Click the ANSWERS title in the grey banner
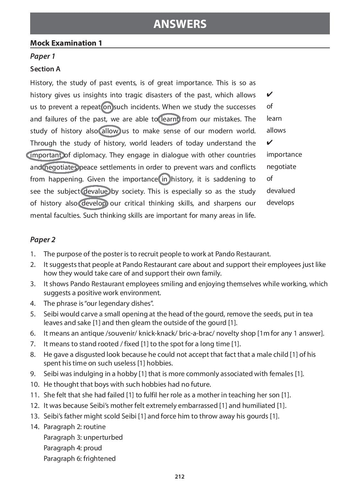[x=180, y=24]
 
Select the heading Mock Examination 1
[x=66, y=43]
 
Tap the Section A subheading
[x=45, y=69]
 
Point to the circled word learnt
[x=170, y=119]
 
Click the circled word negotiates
[x=61, y=167]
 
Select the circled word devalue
[x=96, y=191]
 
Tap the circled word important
[x=46, y=155]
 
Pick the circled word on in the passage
[x=107, y=107]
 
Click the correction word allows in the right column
[x=276, y=130]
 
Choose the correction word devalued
[x=280, y=191]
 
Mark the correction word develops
[x=280, y=203]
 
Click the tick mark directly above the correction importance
[x=270, y=142]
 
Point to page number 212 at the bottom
[x=180, y=477]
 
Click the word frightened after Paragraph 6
[x=99, y=459]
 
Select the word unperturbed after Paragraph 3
[x=103, y=437]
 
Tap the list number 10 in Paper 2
[x=35, y=384]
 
